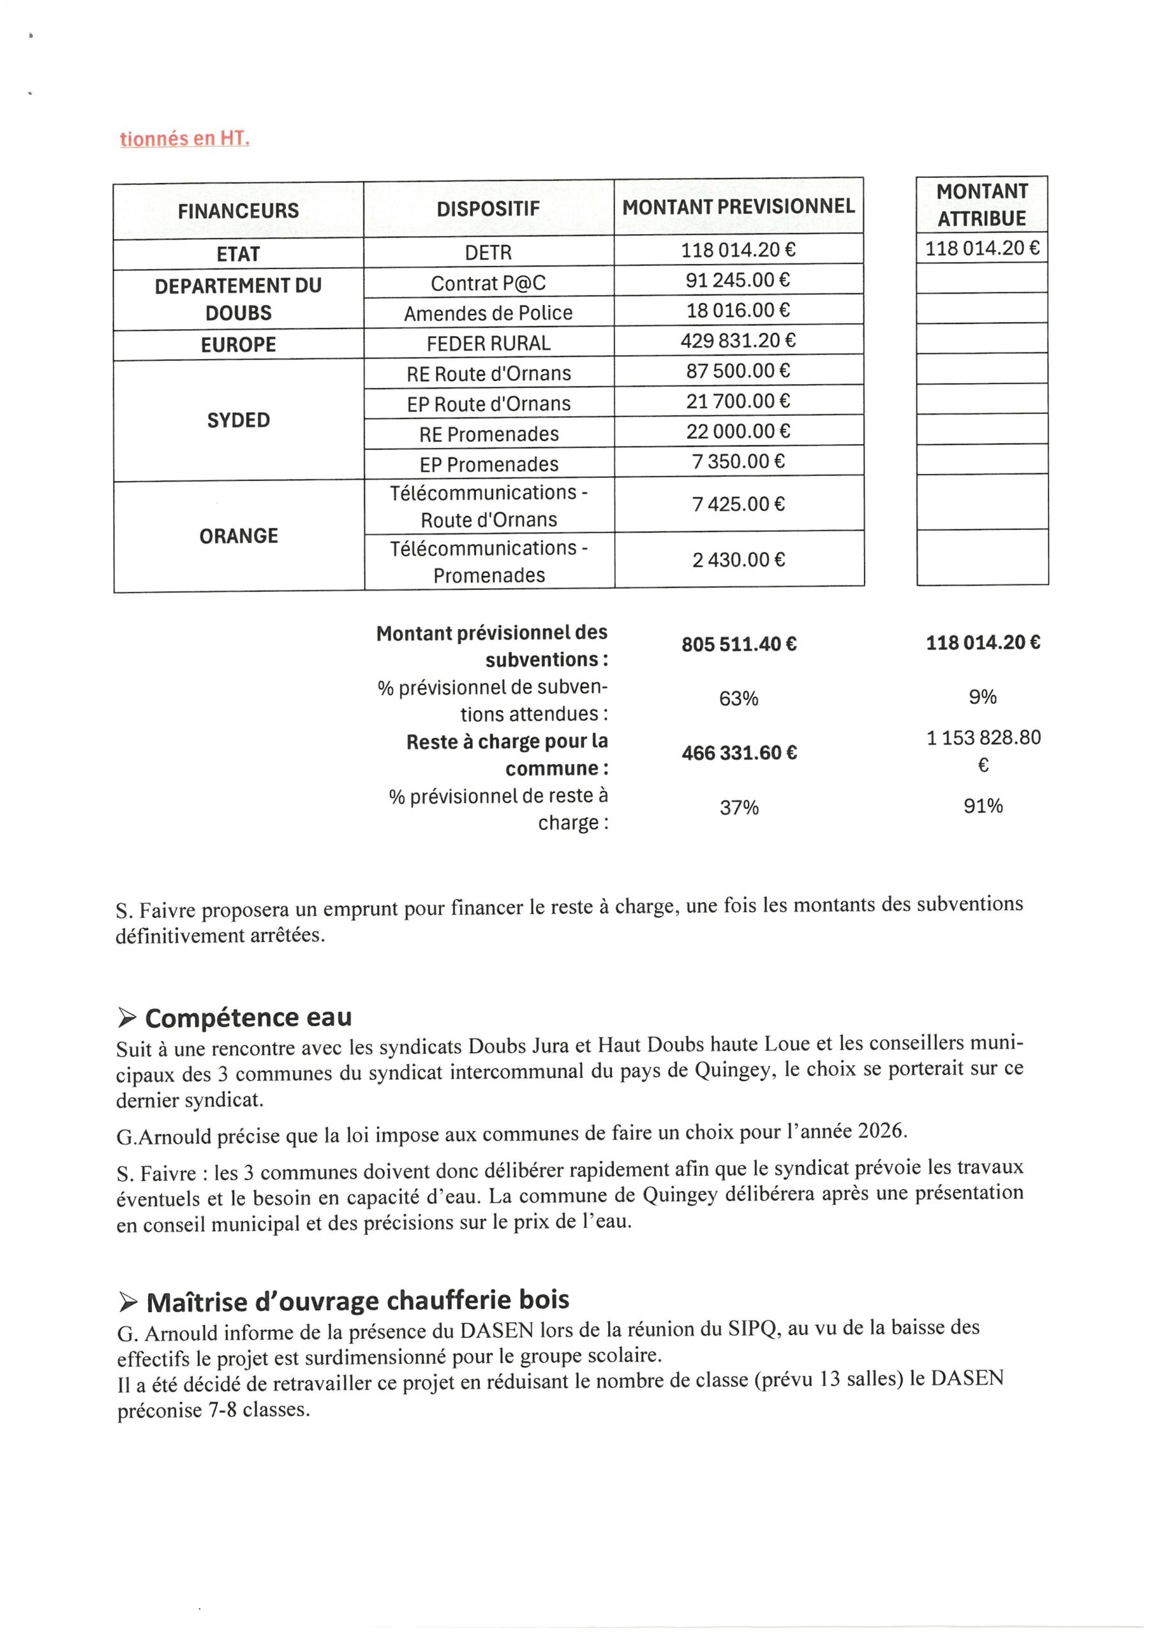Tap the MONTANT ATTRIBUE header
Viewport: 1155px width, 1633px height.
[981, 205]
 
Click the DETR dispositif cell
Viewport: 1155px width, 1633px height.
[488, 253]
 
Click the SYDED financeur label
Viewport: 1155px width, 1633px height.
[239, 420]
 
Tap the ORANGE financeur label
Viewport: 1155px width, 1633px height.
[239, 536]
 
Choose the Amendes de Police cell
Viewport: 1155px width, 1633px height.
[488, 313]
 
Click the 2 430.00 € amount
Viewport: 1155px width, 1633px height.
[739, 559]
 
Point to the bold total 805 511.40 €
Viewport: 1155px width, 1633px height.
[739, 644]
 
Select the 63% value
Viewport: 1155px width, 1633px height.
[739, 698]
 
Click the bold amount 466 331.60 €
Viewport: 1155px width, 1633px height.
[739, 753]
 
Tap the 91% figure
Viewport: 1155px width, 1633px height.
[983, 806]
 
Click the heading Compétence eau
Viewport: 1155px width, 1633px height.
[248, 1018]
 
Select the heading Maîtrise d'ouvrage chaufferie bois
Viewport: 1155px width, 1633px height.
[357, 1301]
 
